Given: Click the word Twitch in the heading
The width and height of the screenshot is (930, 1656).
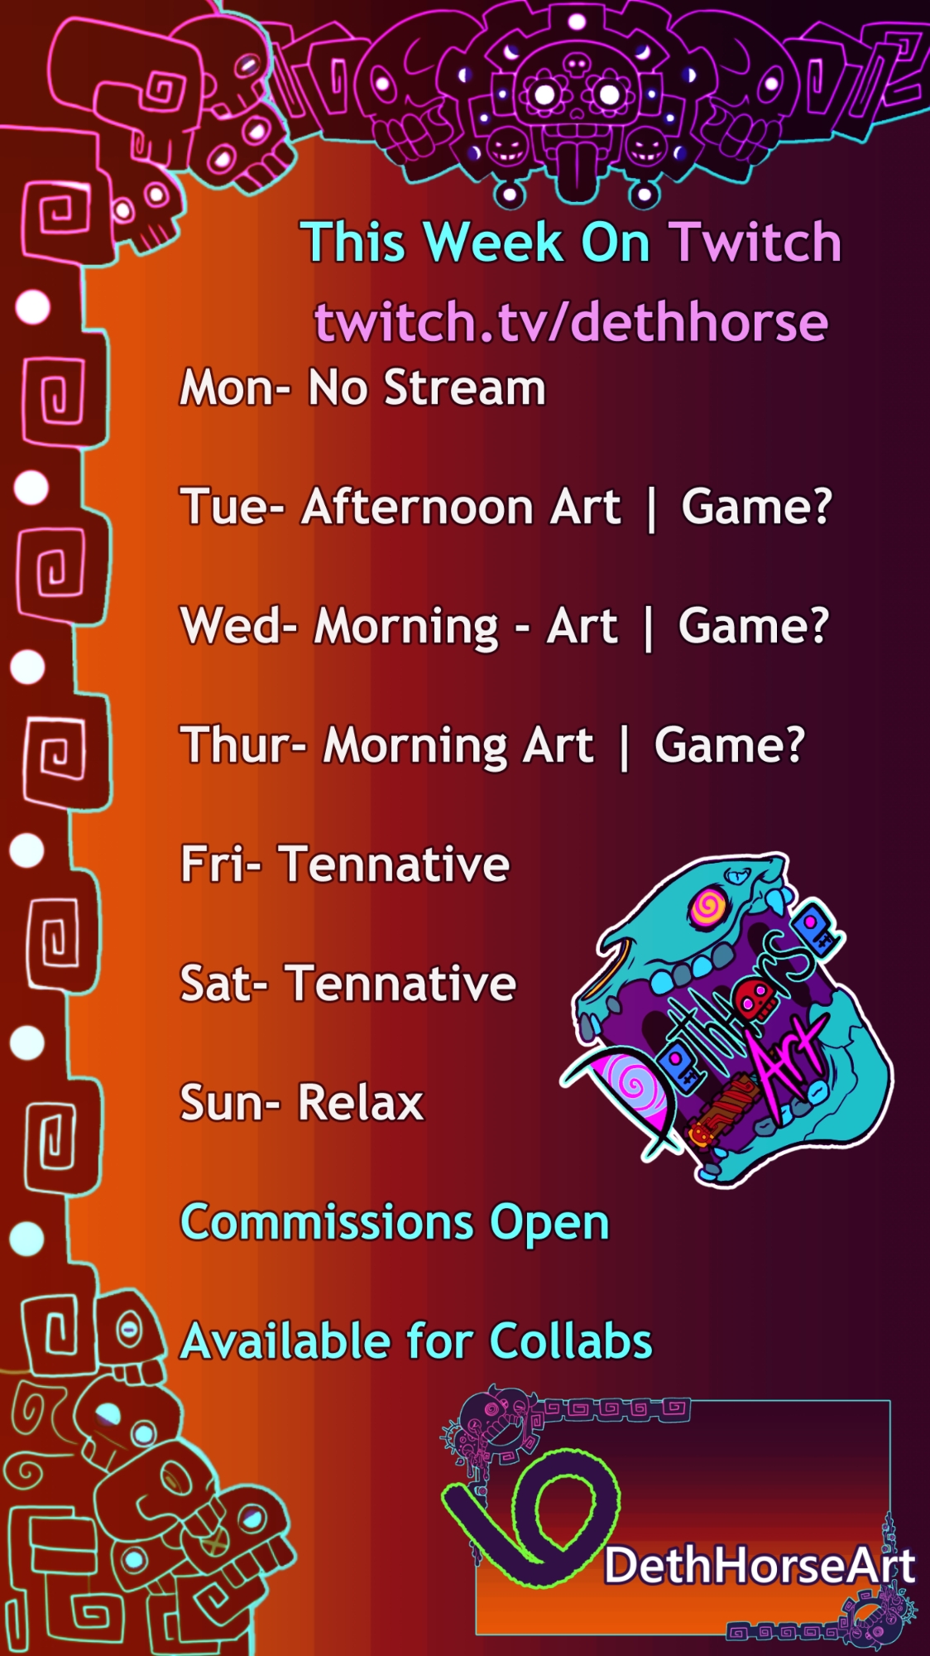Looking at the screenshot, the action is pos(755,242).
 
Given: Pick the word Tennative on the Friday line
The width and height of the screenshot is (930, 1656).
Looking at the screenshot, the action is pos(394,864).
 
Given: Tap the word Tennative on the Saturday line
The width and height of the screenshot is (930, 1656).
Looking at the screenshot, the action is pos(400,984).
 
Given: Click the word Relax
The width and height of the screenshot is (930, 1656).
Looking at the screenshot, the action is pos(361,1103).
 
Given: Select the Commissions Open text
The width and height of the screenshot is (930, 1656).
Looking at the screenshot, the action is pos(395,1223).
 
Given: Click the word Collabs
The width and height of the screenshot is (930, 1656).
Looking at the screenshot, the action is pos(571,1341).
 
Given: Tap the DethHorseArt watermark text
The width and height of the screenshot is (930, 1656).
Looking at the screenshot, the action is pos(760,1566).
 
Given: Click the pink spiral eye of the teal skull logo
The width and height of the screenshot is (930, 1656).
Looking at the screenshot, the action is pos(708,907).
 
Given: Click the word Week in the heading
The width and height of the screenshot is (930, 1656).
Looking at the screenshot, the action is pos(493,242).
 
